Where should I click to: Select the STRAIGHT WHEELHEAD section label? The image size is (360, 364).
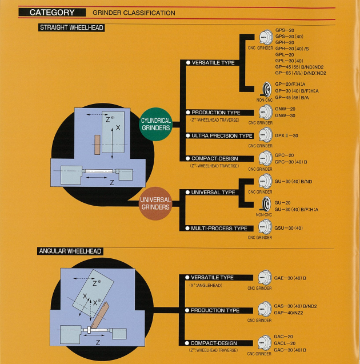point(71,27)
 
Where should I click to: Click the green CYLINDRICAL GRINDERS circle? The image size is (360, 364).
point(156,124)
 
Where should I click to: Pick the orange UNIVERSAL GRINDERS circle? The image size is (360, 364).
point(156,203)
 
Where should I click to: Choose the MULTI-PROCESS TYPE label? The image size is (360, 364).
point(219,229)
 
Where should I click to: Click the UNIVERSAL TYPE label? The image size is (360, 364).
point(213,193)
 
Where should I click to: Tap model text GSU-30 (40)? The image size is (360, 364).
point(289,228)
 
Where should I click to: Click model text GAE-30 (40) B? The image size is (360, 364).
point(290,278)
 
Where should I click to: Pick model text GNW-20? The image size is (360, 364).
point(285,109)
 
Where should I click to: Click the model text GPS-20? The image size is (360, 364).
point(285,29)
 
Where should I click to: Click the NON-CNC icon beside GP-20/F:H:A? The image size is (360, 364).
point(265,90)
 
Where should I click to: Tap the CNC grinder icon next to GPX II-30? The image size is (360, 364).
point(265,135)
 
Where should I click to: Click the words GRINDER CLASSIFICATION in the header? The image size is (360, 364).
point(134,13)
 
